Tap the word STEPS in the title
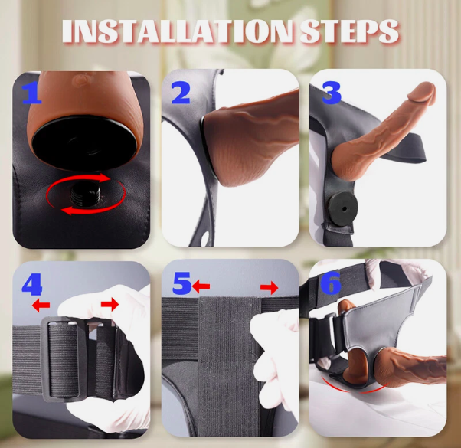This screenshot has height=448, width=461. (x=349, y=32)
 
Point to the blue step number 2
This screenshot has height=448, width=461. (x=180, y=93)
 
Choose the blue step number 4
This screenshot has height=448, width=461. (x=32, y=284)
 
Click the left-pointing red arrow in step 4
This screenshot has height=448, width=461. (x=41, y=305)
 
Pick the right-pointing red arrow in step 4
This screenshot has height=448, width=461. (x=110, y=305)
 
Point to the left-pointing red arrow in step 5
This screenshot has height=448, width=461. (x=201, y=286)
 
